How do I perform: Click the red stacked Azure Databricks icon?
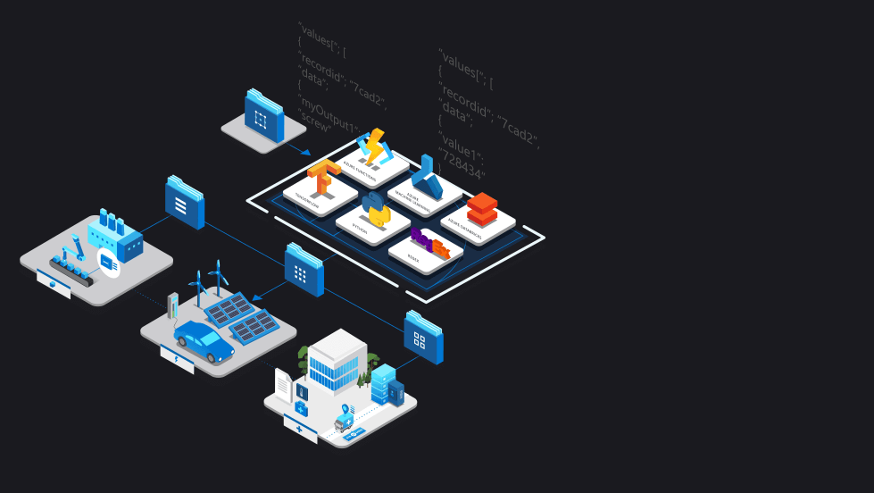pyautogui.click(x=481, y=209)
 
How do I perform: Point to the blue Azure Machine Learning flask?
pyautogui.click(x=427, y=178)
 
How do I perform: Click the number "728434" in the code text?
pyautogui.click(x=462, y=166)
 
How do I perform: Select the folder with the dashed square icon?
pyautogui.click(x=263, y=117)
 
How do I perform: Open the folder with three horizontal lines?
pyautogui.click(x=184, y=203)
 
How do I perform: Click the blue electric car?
pyautogui.click(x=204, y=342)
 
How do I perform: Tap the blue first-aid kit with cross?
pyautogui.click(x=302, y=407)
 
